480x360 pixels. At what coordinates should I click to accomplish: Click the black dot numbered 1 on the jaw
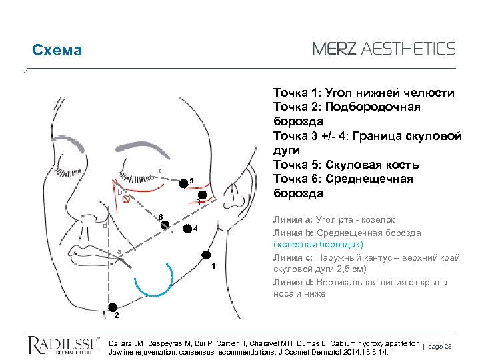pyautogui.click(x=207, y=255)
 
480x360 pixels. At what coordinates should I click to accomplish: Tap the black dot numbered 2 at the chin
pyautogui.click(x=111, y=305)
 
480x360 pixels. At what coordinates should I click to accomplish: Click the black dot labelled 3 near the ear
pyautogui.click(x=203, y=196)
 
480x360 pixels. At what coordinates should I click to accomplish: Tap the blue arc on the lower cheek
pyautogui.click(x=154, y=287)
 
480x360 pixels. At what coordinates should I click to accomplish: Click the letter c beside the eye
pyautogui.click(x=161, y=170)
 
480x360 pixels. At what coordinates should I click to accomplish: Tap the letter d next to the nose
pyautogui.click(x=105, y=225)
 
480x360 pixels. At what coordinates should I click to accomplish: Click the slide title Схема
pyautogui.click(x=57, y=51)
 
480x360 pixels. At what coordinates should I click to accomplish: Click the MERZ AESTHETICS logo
pyautogui.click(x=384, y=48)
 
